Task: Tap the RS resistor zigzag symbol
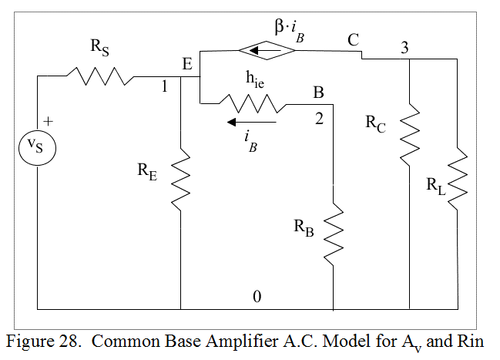(x=99, y=76)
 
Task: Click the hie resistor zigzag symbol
(x=252, y=103)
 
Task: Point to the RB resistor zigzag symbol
(x=334, y=231)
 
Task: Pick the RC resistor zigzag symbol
(x=408, y=135)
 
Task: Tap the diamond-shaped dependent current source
(x=266, y=52)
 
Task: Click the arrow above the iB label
(x=250, y=121)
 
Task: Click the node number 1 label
(x=164, y=86)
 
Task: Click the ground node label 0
(x=257, y=296)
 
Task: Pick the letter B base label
(x=318, y=93)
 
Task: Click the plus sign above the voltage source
(x=49, y=121)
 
